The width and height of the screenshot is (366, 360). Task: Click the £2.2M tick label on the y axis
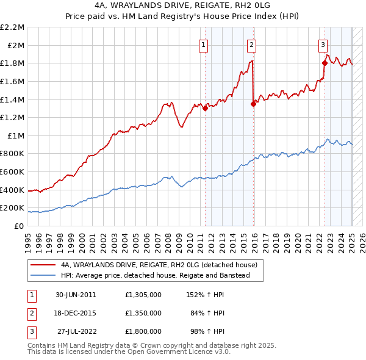tap(12, 27)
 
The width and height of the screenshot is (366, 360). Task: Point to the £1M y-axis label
tap(16, 135)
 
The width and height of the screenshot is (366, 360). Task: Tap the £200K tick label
tap(12, 208)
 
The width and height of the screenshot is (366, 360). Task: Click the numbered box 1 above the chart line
tap(203, 44)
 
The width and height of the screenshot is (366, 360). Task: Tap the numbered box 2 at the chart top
tap(251, 44)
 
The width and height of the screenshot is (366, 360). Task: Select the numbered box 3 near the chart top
tap(323, 44)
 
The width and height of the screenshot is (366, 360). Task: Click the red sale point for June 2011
tap(205, 109)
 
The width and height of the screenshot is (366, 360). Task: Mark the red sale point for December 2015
tap(253, 104)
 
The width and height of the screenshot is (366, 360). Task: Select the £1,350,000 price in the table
tap(143, 313)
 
